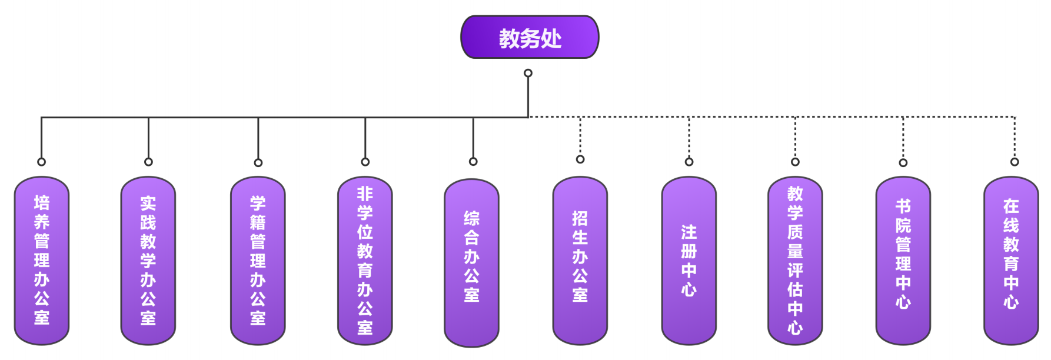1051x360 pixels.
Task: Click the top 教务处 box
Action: coord(530,38)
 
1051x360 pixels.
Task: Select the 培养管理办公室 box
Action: coord(42,261)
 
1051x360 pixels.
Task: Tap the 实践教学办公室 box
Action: coord(148,261)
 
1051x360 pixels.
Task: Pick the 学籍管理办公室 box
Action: coord(258,261)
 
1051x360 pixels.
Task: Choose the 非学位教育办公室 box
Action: coord(365,261)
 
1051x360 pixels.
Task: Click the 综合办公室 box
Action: coord(471,262)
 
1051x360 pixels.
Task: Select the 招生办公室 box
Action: coord(580,261)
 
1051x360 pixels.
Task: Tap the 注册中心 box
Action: coord(689,261)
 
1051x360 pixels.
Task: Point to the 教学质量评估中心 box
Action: coord(795,261)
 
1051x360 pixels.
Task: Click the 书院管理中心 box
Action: coord(903,261)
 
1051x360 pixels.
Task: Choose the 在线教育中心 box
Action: coord(1011,261)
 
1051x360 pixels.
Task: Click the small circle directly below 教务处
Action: coord(528,73)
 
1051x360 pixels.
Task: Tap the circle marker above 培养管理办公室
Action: coord(41,162)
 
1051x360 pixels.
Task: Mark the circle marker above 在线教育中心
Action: coord(1015,162)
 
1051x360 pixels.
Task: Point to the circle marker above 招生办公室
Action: coord(580,159)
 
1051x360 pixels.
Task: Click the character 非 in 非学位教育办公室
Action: coord(365,194)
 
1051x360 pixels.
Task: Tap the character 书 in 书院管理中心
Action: coord(903,206)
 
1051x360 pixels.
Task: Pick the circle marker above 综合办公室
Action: coord(473,162)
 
